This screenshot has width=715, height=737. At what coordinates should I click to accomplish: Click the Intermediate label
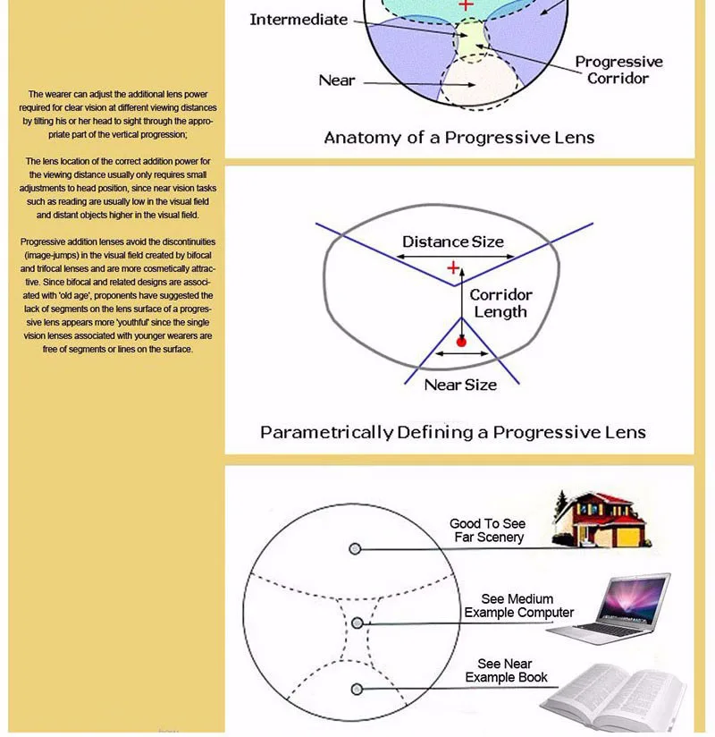coord(299,20)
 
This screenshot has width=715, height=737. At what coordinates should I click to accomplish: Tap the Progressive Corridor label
coord(618,70)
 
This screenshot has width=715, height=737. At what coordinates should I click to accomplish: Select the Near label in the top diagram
coord(337,80)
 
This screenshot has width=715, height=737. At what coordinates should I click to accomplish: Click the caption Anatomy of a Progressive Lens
coord(458,138)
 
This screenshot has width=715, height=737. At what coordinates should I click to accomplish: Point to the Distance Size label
coord(452,241)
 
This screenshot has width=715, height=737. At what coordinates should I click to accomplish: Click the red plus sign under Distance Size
coord(453,267)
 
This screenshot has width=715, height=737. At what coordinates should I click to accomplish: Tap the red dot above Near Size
coord(461,342)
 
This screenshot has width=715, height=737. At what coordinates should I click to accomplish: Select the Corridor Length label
coord(500,303)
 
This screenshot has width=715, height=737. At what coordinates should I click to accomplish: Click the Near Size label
coord(460,385)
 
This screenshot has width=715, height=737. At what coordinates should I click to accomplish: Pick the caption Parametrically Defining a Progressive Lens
coord(452,433)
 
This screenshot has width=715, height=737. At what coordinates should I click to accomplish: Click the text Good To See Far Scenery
coord(487,530)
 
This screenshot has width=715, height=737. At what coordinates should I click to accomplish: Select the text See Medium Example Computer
coord(518,606)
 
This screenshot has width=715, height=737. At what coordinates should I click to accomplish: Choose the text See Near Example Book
coord(506,671)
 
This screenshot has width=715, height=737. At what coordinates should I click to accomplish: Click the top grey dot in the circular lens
coord(356,548)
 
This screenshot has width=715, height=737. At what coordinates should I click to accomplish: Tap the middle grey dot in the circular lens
coord(357,623)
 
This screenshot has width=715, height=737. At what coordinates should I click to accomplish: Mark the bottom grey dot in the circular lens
coord(357,689)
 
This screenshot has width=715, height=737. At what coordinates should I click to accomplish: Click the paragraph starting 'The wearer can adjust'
coord(117,114)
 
